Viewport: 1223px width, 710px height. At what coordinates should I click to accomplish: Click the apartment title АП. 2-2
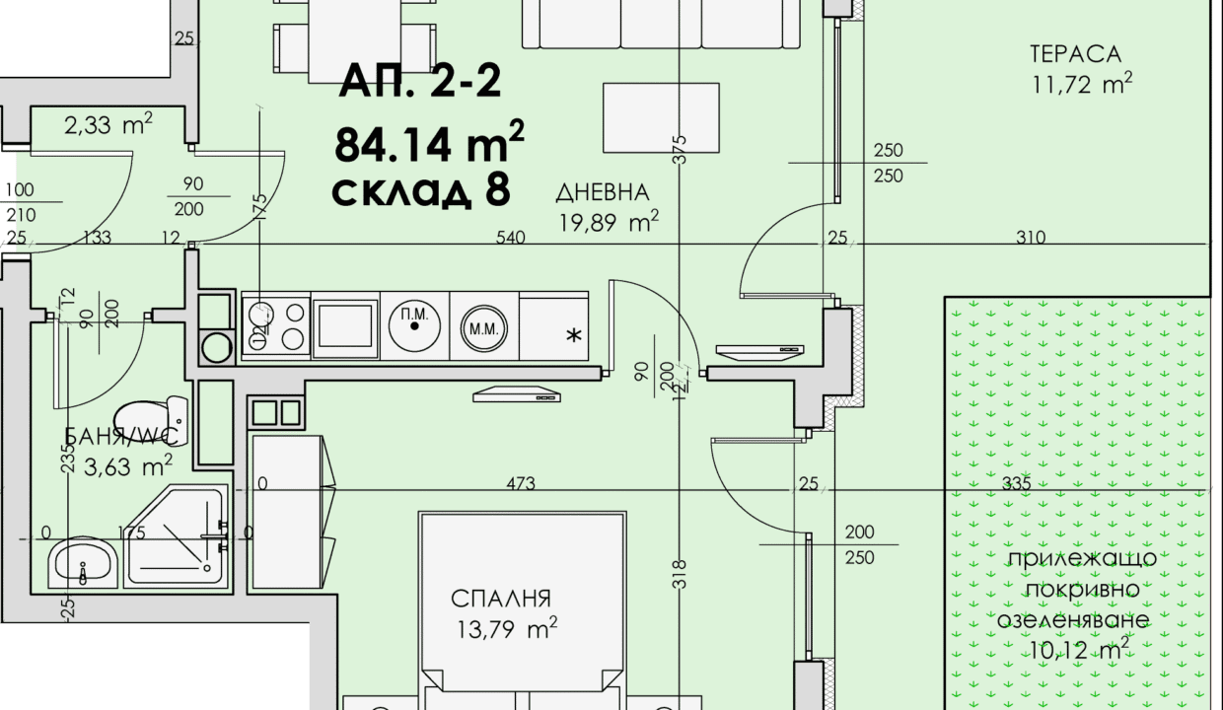tap(419, 81)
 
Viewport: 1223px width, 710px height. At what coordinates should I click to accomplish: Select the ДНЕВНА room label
tap(603, 192)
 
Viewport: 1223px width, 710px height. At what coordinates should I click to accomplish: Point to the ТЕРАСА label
tap(1076, 54)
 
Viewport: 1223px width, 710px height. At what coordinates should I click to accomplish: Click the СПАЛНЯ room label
tap(501, 599)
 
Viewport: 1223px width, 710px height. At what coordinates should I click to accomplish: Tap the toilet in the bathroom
tap(152, 420)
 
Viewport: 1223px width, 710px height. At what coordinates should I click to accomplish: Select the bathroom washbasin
tap(83, 563)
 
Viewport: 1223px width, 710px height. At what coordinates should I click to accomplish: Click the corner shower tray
tap(176, 535)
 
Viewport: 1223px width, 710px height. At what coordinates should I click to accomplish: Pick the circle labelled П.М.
tap(414, 325)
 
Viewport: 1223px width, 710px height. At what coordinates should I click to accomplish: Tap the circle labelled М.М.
tap(483, 328)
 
